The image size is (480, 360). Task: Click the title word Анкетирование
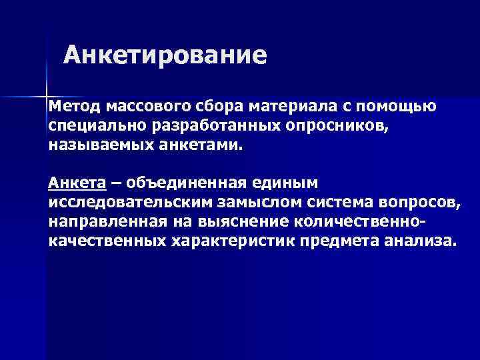[x=165, y=55]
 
